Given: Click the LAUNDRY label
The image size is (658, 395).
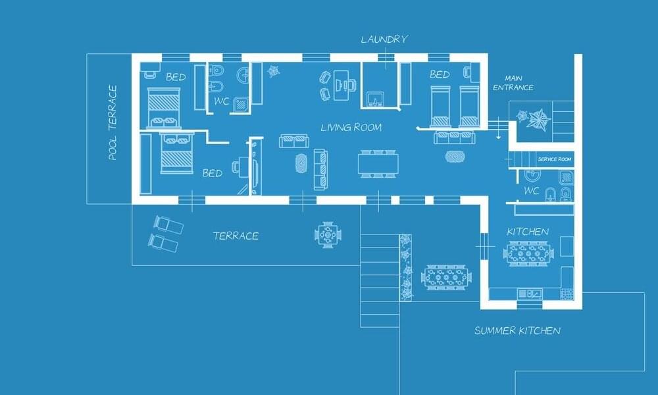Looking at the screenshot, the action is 384,39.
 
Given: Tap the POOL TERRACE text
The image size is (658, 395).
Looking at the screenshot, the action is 113,122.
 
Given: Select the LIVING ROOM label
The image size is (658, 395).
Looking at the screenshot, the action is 351,127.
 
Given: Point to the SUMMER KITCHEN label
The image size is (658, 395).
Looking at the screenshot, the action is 517,330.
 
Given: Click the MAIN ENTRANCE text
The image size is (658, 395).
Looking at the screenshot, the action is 513,83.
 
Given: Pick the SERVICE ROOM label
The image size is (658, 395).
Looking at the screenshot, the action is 554,159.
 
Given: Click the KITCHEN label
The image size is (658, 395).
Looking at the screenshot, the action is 528,232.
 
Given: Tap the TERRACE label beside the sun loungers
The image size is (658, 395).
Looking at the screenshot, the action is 236,236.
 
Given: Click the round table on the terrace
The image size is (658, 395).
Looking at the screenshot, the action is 327,235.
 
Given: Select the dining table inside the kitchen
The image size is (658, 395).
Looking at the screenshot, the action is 528,253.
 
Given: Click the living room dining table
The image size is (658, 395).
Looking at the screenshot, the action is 378,164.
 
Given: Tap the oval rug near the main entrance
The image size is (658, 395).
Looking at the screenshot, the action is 455,157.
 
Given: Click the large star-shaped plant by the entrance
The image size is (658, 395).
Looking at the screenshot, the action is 538,119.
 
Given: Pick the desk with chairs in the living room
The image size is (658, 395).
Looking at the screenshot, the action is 338,85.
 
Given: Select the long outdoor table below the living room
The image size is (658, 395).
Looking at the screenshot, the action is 446,277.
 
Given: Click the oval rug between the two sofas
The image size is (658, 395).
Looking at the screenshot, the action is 301,163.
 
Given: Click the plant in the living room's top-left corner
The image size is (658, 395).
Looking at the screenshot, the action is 274,71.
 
